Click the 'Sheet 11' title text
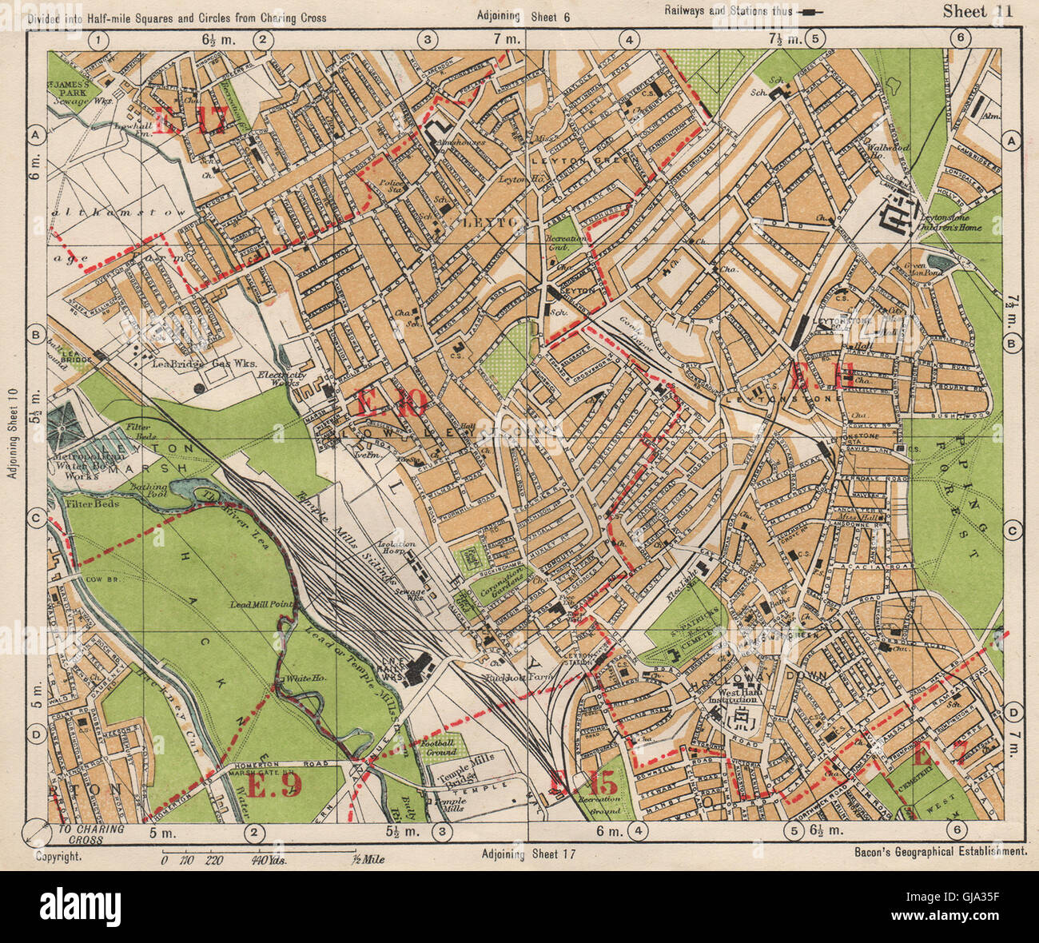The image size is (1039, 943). [x=977, y=11]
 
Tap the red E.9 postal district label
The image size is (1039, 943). [x=274, y=787]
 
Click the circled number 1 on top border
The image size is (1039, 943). [x=99, y=38]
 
